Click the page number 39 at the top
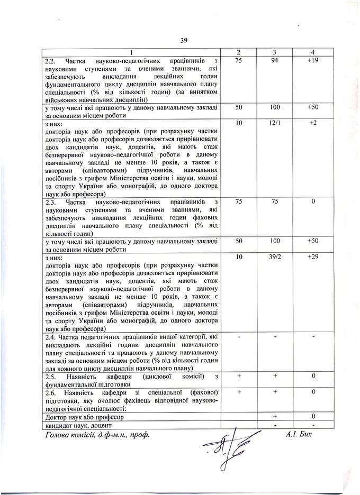point(184,40)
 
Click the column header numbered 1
point(133,52)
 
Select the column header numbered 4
point(313,52)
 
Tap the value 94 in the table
point(275,60)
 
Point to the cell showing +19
point(313,60)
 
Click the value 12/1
point(275,123)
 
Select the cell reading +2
point(313,123)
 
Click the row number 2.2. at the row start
point(53,61)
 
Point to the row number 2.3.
point(53,203)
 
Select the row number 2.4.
point(53,336)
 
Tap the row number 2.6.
point(53,393)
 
